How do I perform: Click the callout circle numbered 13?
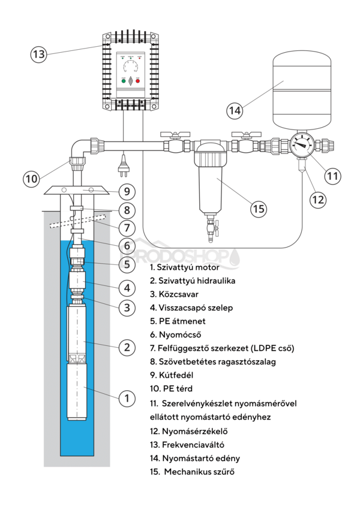tap(38, 54)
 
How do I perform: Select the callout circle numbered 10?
tap(31, 178)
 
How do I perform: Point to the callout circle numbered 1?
tap(126, 397)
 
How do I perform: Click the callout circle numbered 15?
tap(259, 209)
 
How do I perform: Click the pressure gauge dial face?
tap(302, 144)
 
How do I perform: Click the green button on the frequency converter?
tap(124, 80)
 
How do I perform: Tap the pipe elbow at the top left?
tap(77, 149)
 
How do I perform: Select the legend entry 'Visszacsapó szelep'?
tap(191, 308)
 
